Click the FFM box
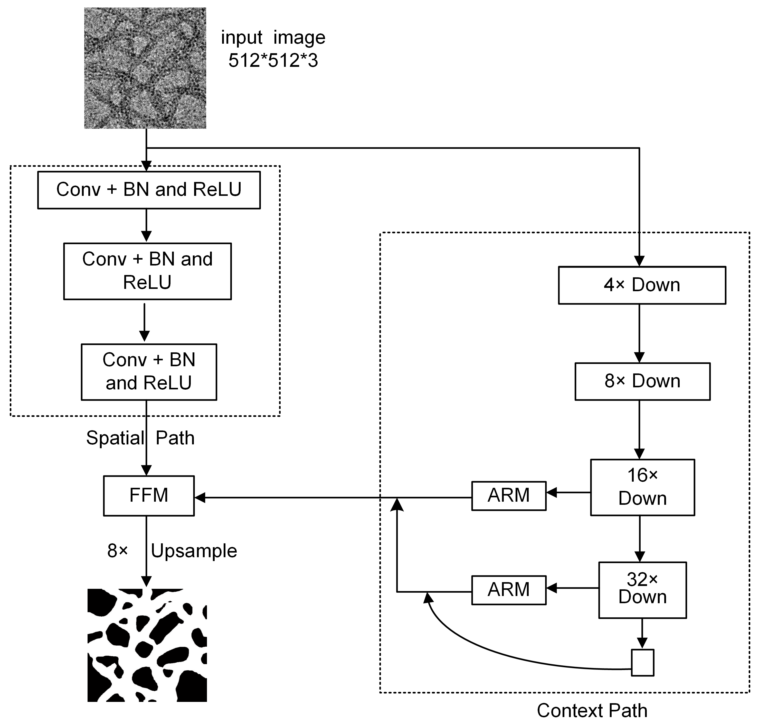(149, 496)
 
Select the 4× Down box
(642, 285)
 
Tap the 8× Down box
(642, 381)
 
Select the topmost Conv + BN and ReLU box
(149, 190)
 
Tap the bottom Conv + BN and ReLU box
(149, 372)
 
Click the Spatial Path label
(140, 438)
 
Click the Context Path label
(592, 710)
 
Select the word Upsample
(194, 551)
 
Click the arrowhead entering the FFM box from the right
(200, 498)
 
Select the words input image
(273, 38)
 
